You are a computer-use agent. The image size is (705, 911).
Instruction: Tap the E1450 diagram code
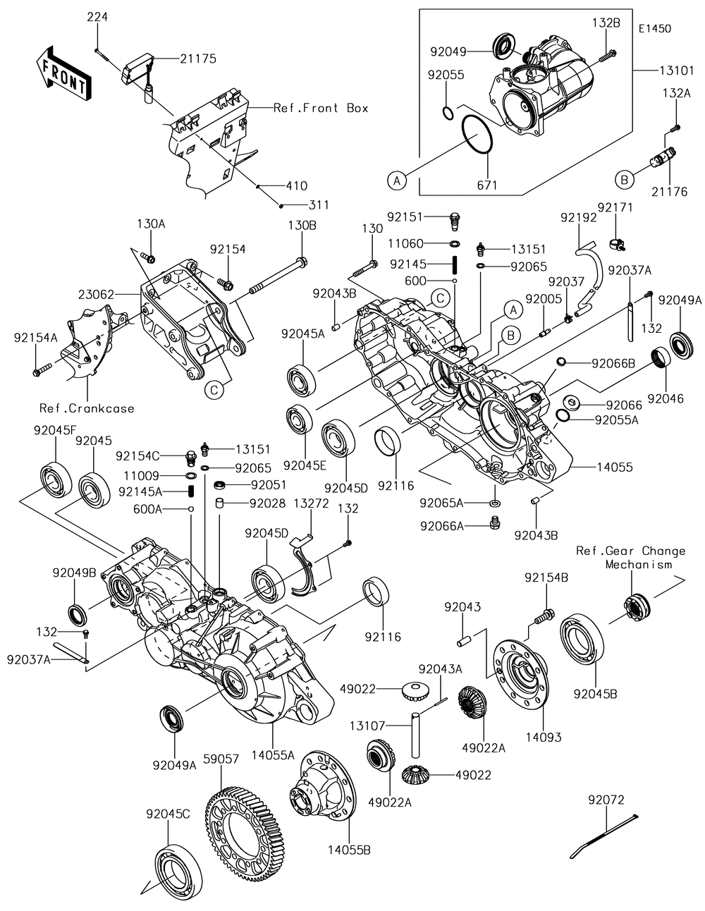[x=655, y=29]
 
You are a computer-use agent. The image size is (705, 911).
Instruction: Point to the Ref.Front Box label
[x=321, y=108]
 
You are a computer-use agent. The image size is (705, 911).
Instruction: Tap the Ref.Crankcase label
[x=87, y=408]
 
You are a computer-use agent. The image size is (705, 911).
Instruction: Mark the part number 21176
[x=670, y=191]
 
